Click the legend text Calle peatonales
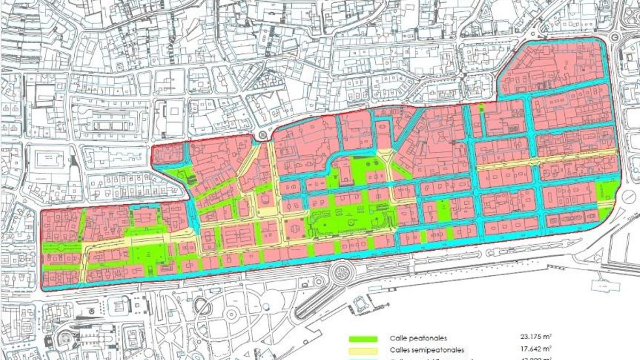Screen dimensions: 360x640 point(418,338)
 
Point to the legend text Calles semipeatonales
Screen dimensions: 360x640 point(427,350)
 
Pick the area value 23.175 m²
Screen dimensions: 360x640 point(535,337)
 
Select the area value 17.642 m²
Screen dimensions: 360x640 point(535,349)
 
